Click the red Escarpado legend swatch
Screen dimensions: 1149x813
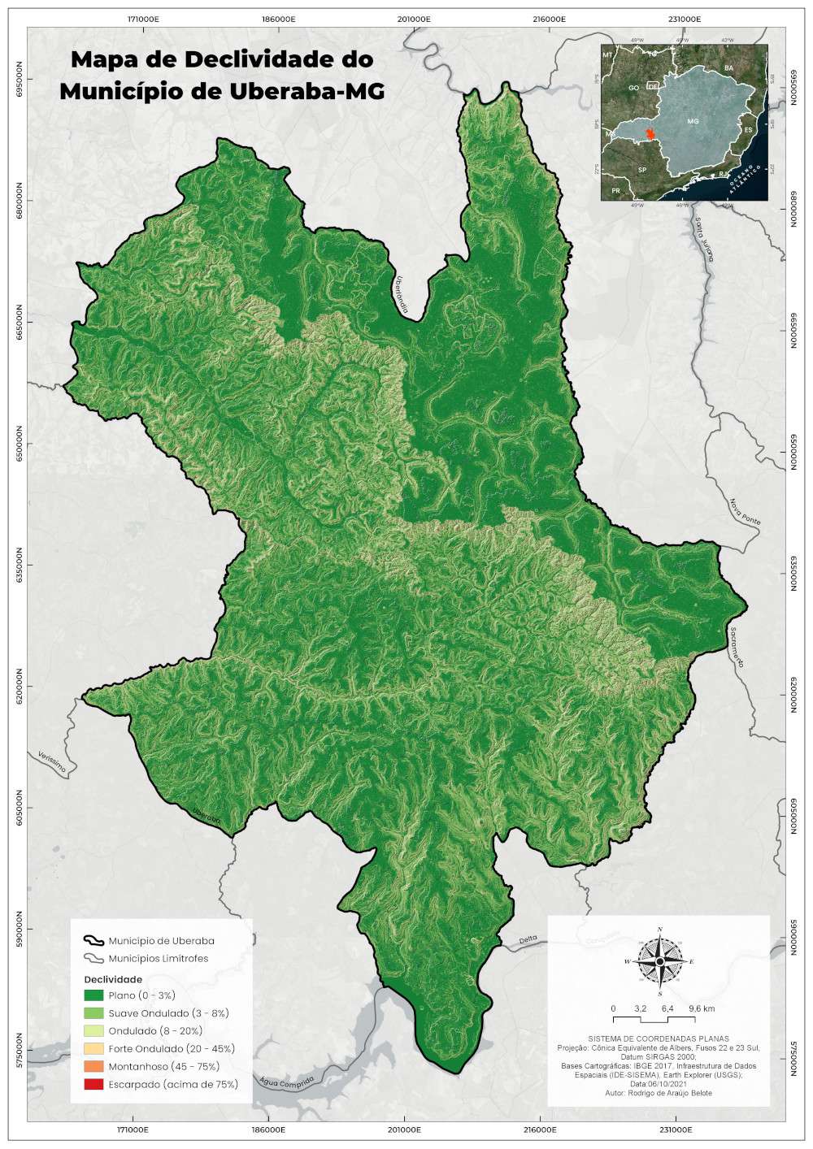(94, 1084)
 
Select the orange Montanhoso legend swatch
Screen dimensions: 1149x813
(94, 1066)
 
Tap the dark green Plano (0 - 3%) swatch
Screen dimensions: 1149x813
(94, 995)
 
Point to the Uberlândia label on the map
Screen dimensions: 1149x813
(400, 296)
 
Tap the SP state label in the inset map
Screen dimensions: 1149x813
(642, 171)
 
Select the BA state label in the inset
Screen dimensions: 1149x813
(729, 67)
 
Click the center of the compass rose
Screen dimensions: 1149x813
(660, 961)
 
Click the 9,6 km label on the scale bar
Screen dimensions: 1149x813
(701, 1008)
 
